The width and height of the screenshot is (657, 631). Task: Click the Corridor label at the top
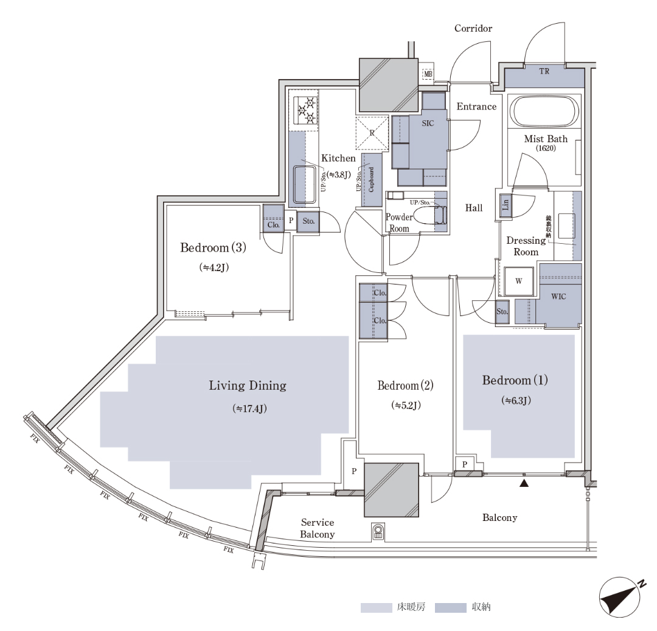tap(473, 29)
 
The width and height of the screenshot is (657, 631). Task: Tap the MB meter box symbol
tap(428, 75)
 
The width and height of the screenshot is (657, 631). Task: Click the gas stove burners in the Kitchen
tap(305, 109)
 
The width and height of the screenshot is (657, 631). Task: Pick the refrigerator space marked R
tap(371, 132)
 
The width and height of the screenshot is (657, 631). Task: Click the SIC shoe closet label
tap(428, 123)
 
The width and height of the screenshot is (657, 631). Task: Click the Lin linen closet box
tap(506, 205)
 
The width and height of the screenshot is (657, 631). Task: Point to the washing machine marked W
tap(518, 281)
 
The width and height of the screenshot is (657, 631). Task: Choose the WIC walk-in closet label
tap(558, 297)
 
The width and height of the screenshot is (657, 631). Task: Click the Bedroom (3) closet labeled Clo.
tap(273, 224)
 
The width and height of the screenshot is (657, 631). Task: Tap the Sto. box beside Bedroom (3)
tap(308, 221)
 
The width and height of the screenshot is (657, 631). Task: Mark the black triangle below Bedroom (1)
tap(523, 484)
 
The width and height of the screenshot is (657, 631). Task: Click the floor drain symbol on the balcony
tap(378, 533)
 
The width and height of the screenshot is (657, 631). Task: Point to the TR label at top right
tap(544, 71)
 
